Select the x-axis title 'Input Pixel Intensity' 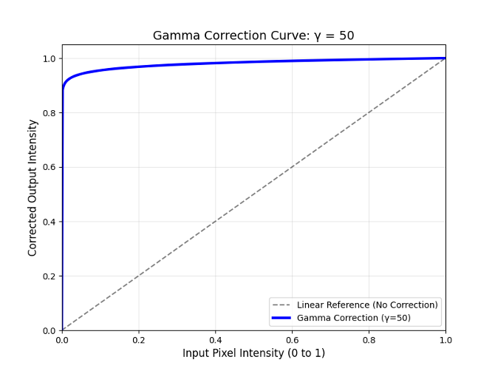pyautogui.click(x=253, y=353)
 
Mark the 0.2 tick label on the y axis pyautogui.click(x=49, y=276)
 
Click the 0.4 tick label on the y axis pyautogui.click(x=49, y=222)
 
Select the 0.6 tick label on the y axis pyautogui.click(x=49, y=167)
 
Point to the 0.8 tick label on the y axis pyautogui.click(x=49, y=113)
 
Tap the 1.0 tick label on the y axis pyautogui.click(x=49, y=58)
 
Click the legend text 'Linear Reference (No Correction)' pyautogui.click(x=367, y=304)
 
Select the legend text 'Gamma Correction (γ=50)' pyautogui.click(x=354, y=318)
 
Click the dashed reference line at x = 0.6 pyautogui.click(x=293, y=167)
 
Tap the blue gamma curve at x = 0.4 pyautogui.click(x=216, y=63)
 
